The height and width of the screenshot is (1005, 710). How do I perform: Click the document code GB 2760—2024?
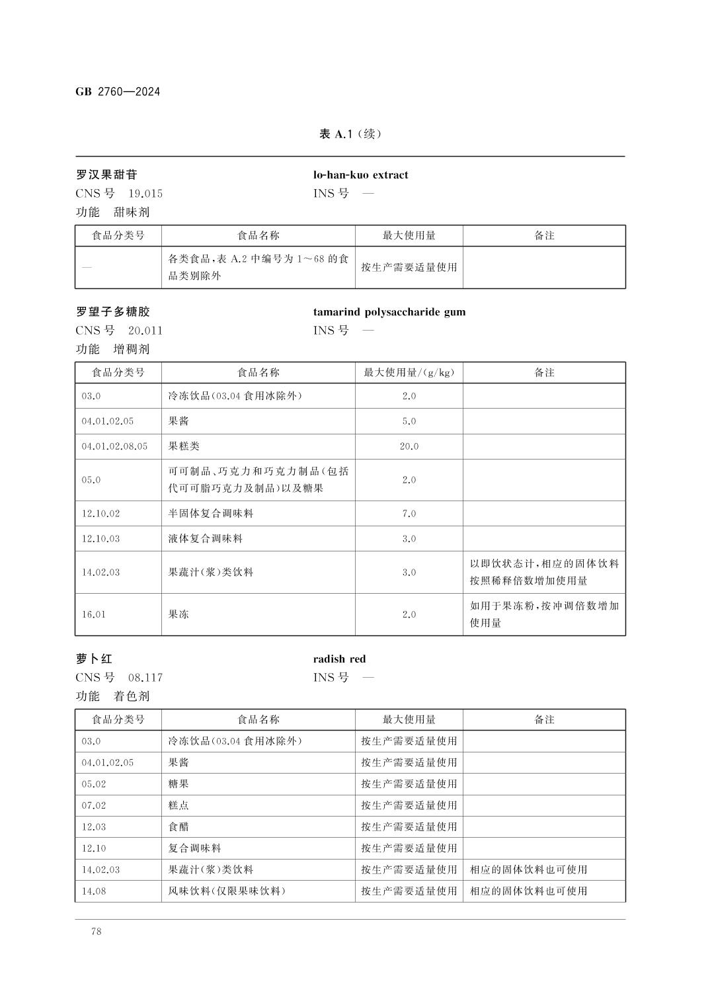coord(118,92)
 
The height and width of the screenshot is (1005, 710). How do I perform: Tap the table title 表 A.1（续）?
coord(350,134)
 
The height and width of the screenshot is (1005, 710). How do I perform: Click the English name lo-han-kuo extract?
coord(360,175)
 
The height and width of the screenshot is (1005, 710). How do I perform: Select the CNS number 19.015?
coord(145,194)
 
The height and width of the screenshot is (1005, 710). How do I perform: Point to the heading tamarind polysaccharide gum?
coord(389,311)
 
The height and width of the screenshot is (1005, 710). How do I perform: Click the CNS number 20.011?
coord(145,331)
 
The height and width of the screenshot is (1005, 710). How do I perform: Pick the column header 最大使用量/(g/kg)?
coord(409,372)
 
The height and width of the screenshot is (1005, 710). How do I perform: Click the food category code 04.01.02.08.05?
coord(114,446)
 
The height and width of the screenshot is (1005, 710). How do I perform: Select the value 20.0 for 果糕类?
coord(409,446)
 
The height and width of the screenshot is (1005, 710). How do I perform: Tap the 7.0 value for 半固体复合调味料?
coord(409,514)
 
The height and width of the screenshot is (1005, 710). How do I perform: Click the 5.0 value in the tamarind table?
coord(409,421)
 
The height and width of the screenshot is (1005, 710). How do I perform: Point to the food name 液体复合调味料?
coord(206,539)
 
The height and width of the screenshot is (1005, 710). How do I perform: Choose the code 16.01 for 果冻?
coord(94,614)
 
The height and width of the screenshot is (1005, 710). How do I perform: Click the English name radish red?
coord(339,659)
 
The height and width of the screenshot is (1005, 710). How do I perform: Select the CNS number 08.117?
coord(145,678)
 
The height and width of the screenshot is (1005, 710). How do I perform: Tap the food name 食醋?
coord(178,826)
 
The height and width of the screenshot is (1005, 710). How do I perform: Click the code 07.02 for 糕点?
coord(94,805)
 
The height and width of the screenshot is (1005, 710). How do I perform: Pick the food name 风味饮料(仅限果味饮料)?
coord(227,891)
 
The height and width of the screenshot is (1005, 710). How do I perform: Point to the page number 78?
coord(97,932)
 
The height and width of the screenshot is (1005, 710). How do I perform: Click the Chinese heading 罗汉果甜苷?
coord(106,175)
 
